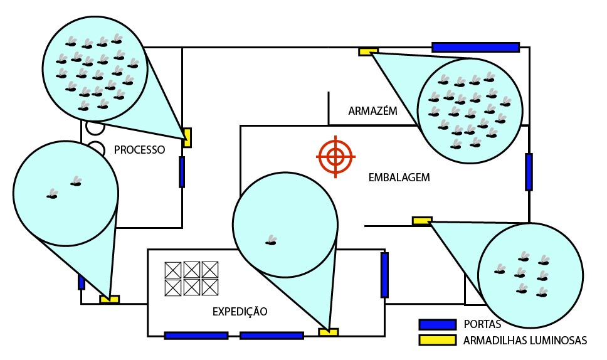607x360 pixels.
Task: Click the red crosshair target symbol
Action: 335,156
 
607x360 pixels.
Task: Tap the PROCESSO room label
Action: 139,150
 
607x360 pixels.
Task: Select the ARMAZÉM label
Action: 372,111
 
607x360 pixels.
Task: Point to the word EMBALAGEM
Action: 399,177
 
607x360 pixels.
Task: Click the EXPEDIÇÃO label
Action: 240,311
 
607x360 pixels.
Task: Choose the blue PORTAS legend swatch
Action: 438,324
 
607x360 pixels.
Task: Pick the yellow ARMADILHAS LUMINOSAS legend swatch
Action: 438,340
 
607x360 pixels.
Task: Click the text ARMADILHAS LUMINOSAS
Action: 525,341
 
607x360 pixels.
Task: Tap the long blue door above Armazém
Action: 475,47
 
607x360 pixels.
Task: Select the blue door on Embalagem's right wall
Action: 529,172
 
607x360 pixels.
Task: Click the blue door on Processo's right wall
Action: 182,172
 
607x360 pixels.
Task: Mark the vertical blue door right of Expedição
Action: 384,275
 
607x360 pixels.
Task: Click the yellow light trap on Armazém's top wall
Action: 368,51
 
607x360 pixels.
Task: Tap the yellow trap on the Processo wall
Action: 187,138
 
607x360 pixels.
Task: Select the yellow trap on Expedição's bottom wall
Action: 329,332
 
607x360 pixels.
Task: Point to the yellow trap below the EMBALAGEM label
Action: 422,221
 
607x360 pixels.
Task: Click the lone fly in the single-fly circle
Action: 271,241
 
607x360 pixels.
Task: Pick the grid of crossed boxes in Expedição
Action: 191,278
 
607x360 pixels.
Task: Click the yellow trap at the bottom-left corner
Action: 110,299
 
